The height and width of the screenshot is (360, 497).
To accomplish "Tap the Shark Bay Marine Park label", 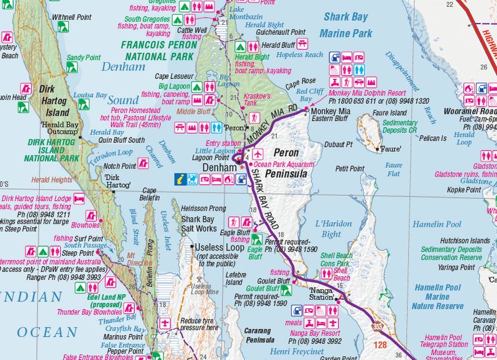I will (346, 25).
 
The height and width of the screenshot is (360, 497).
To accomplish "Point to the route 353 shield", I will (378, 325).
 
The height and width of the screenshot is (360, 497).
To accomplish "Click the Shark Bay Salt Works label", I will (198, 224).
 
